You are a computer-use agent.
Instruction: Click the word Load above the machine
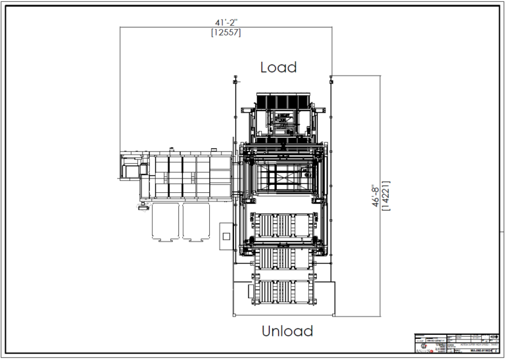click(x=278, y=67)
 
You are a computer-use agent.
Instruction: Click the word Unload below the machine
click(x=287, y=330)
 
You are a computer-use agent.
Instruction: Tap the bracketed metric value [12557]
click(x=225, y=33)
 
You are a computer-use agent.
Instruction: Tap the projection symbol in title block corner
click(x=493, y=337)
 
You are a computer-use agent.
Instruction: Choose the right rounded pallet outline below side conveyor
click(x=198, y=222)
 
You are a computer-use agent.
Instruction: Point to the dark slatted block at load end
click(x=281, y=101)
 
